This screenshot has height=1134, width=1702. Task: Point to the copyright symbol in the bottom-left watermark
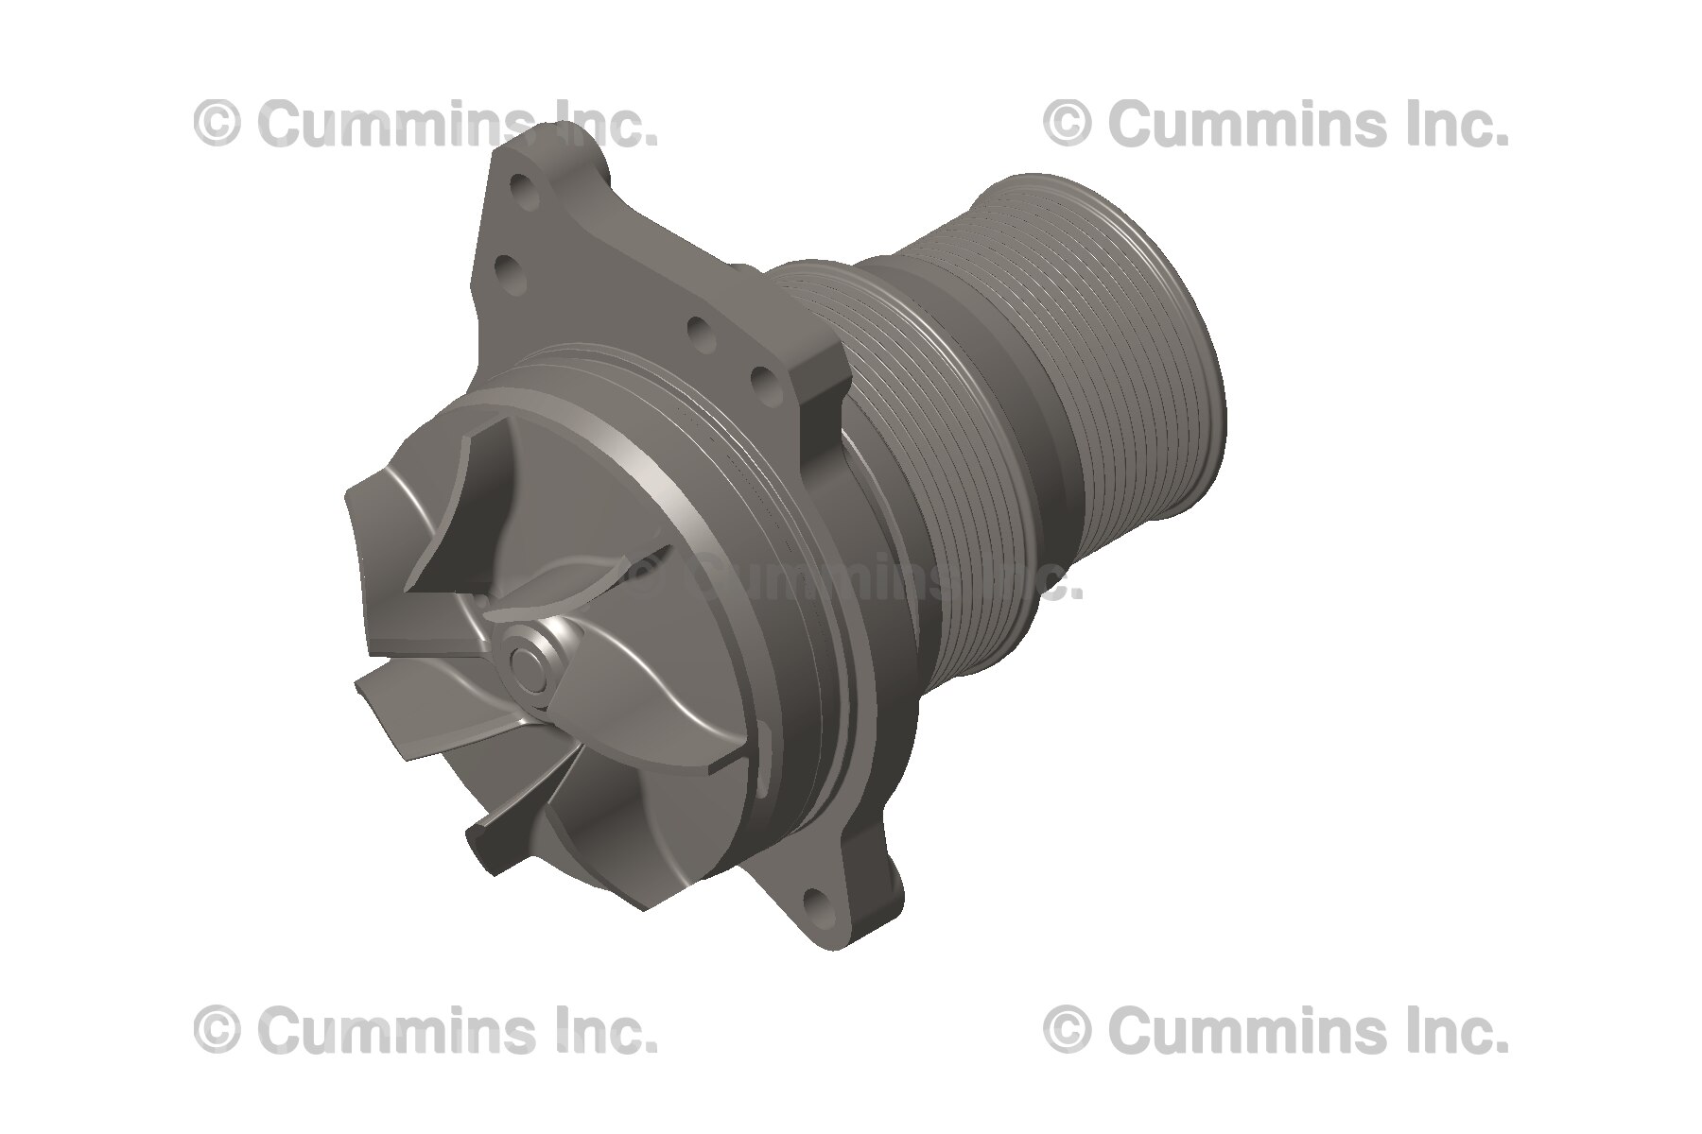(x=217, y=1030)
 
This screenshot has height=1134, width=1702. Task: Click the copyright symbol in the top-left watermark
(x=217, y=124)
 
